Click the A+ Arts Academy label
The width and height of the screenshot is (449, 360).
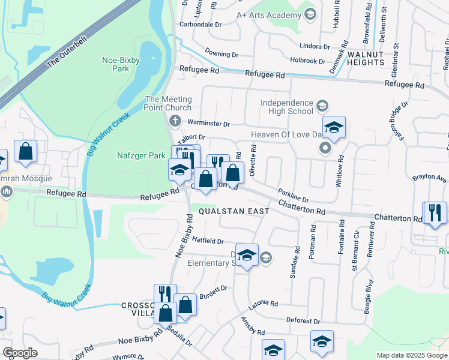click(x=267, y=14)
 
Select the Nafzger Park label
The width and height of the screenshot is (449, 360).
click(x=140, y=155)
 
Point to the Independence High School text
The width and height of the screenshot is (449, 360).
click(x=287, y=107)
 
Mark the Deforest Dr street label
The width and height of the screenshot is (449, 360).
click(x=305, y=322)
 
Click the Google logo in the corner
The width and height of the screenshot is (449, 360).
click(x=20, y=352)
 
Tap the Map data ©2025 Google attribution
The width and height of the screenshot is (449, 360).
click(x=411, y=355)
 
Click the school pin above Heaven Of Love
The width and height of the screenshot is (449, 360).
click(x=334, y=127)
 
